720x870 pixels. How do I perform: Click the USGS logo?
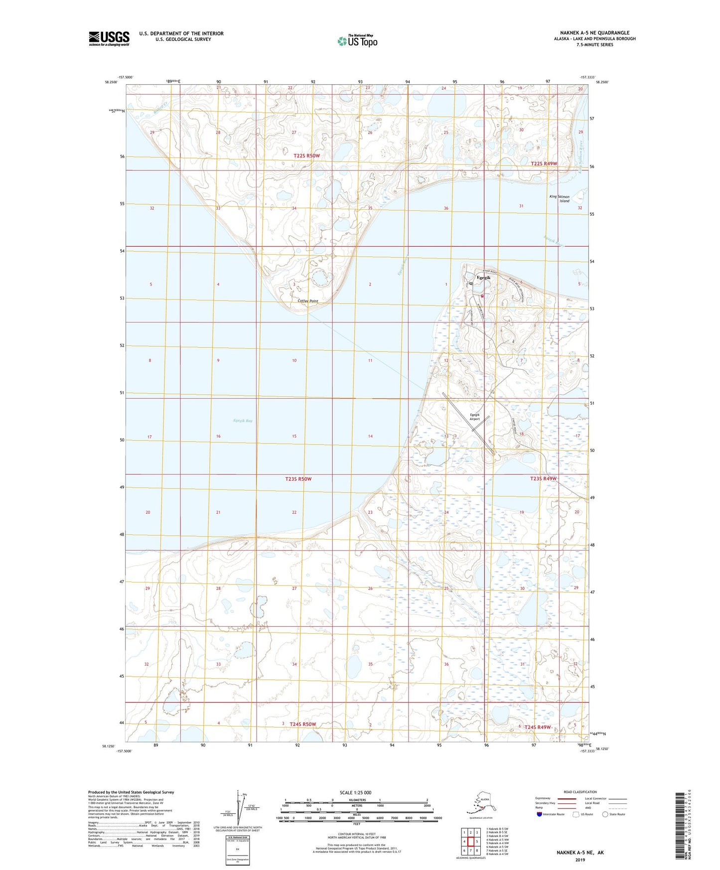coord(109,38)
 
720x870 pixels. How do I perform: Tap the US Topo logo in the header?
coord(357,40)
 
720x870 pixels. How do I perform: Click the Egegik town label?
coord(483,278)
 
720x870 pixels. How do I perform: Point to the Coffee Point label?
coord(307,301)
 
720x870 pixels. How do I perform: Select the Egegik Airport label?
coord(474,417)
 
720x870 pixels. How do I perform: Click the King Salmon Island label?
coord(559,199)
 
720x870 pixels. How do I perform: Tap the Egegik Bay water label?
coord(243,421)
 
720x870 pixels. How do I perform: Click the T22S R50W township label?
coord(306,156)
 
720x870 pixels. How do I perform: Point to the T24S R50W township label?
coord(303,724)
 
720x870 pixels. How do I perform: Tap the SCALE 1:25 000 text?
coord(355,793)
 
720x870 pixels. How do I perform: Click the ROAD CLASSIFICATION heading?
coord(580,792)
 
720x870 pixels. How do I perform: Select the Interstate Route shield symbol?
coord(539,815)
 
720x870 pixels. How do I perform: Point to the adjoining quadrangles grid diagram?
coord(470,843)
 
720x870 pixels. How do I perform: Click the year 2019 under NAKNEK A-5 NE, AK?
coord(579,860)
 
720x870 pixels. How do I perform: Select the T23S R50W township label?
coord(298,479)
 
